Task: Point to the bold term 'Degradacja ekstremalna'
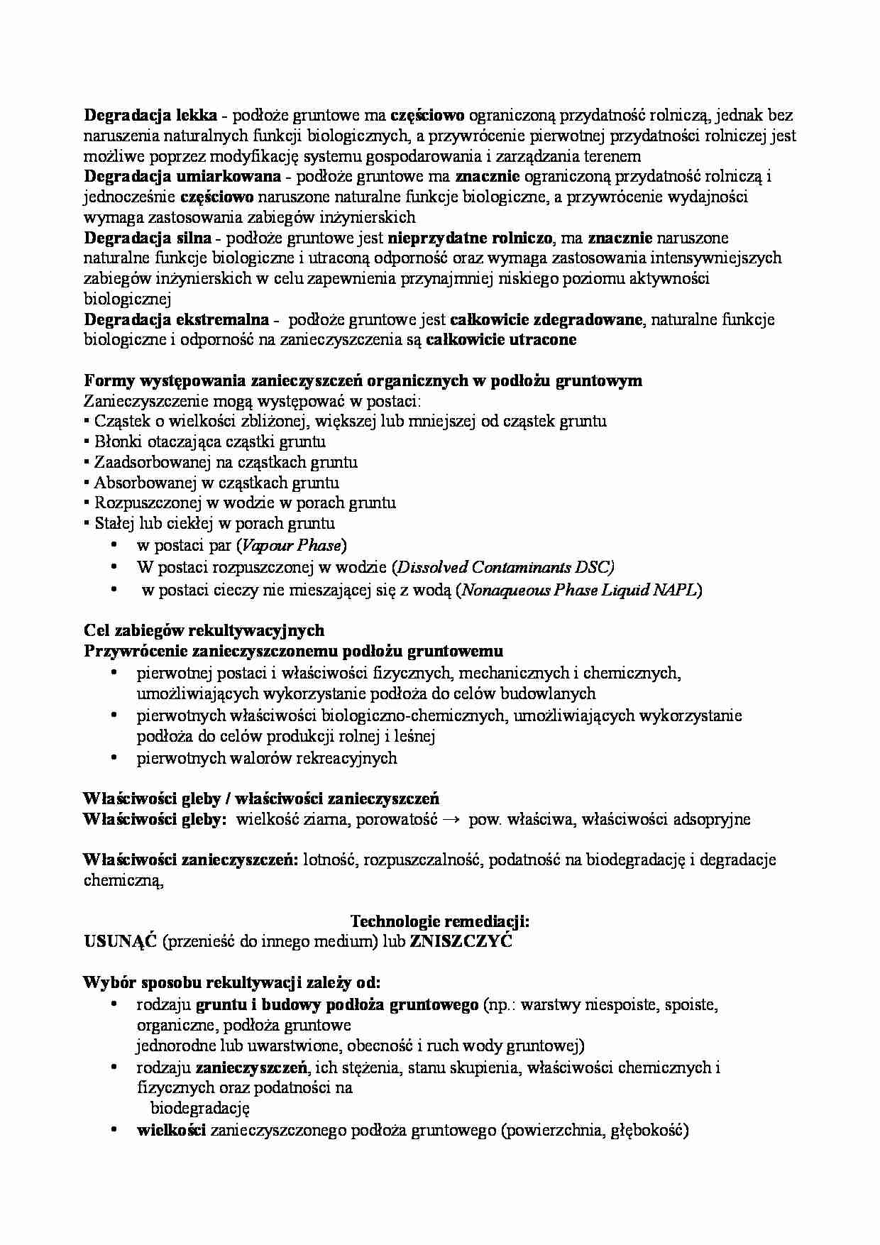pos(176,319)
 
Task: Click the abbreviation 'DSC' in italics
pos(600,567)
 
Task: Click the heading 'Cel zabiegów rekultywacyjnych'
pos(204,630)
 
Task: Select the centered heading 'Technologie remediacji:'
pos(440,921)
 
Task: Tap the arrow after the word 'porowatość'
pos(451,819)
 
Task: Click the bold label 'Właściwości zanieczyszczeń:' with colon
pos(190,860)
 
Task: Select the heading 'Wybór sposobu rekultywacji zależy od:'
pos(232,983)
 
